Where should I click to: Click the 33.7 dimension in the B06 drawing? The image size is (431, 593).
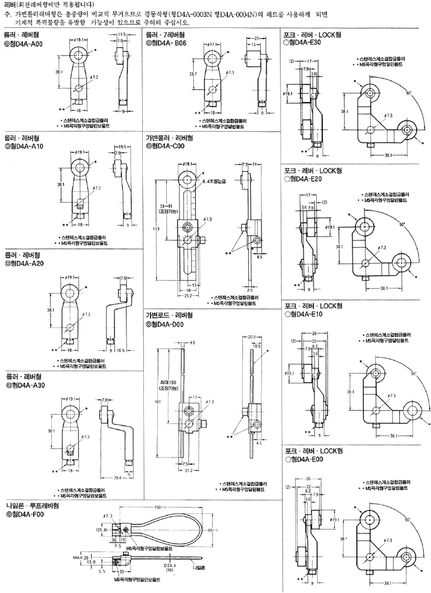[x=193, y=73]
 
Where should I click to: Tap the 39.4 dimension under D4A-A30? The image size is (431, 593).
[x=117, y=478]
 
